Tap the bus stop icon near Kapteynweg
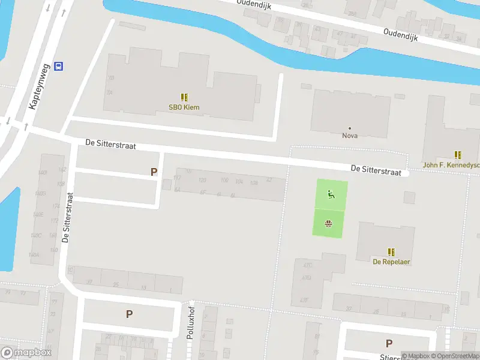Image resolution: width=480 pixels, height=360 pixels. (58, 66)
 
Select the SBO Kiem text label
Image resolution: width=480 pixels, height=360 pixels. (184, 108)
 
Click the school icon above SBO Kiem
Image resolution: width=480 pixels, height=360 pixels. (184, 97)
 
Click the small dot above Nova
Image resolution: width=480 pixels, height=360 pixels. (350, 128)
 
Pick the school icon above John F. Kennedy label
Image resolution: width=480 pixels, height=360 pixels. (458, 154)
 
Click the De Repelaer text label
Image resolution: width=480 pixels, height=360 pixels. (391, 262)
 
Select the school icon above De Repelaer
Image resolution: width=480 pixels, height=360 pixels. (391, 251)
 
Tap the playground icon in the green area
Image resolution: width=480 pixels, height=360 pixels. (330, 194)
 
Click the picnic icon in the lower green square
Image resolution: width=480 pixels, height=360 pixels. (329, 224)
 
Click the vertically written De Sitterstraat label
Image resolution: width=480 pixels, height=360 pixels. (67, 217)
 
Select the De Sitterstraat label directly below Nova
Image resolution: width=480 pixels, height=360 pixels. (376, 170)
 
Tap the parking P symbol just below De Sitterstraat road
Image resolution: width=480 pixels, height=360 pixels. (154, 172)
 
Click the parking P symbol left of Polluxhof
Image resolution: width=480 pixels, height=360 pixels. (129, 314)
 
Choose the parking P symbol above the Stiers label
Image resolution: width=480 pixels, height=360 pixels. (389, 344)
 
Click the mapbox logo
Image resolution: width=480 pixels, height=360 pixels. (26, 353)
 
